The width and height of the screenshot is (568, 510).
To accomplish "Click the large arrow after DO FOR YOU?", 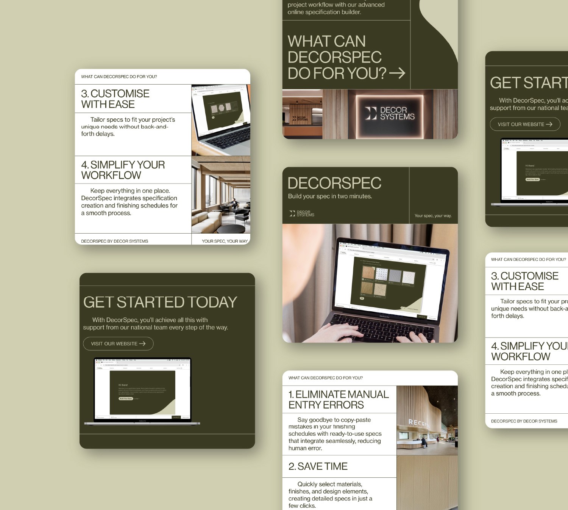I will coord(397,73).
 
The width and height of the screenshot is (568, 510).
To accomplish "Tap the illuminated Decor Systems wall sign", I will coord(390,113).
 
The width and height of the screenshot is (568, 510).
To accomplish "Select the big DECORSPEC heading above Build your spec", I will coord(334,183).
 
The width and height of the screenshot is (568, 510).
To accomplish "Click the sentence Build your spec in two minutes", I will coord(330,196).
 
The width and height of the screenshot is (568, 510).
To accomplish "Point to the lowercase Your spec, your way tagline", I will coord(433,216).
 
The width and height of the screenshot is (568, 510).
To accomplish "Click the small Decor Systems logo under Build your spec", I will coord(302,213).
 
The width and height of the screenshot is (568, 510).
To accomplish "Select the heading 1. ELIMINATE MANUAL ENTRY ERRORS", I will coord(338,400).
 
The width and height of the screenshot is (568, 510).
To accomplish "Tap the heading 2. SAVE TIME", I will coord(318,466).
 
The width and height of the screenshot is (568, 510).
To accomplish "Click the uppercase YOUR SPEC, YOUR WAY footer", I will coord(225,241).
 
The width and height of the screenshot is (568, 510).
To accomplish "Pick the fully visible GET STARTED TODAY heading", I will coord(160,302).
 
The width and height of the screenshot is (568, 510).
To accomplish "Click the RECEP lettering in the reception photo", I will coord(418,423).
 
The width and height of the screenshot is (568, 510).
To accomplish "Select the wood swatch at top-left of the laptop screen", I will coord(368,272).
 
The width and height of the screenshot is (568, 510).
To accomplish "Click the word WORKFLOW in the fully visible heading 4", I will coord(111,175).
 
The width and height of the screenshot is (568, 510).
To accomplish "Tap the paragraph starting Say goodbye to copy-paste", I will coord(335,434).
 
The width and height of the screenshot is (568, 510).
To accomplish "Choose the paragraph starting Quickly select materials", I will coord(330,495).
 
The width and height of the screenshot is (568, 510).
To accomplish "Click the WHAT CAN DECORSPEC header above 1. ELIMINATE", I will coord(325,378).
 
